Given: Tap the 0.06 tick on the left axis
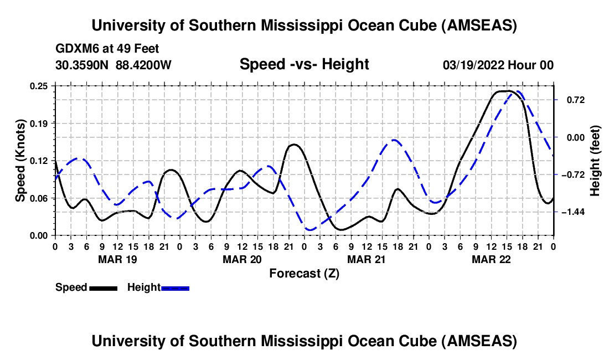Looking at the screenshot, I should tap(42, 198).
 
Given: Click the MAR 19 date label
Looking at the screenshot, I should tap(117, 259).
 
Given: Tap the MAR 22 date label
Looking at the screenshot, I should tap(491, 259).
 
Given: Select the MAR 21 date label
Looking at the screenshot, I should tap(366, 259).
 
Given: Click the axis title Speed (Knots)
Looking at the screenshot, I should tap(20, 160).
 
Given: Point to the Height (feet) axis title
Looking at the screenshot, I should tap(595, 161).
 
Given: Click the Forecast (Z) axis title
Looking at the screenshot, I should tap(304, 273).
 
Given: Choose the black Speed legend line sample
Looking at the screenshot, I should tap(103, 287).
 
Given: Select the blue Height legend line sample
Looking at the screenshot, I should tap(175, 287).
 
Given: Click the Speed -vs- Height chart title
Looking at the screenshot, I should tap(304, 65).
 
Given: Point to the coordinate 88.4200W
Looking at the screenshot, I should tap(144, 65).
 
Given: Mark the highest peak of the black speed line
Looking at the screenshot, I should tap(506, 91).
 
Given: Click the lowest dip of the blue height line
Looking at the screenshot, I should tap(311, 230).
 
